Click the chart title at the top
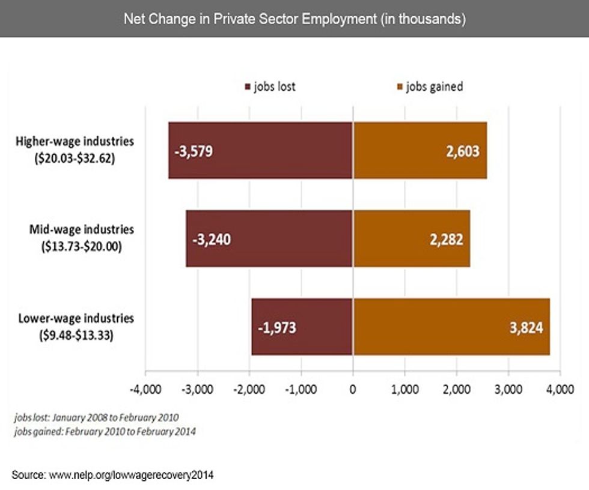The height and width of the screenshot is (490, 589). pyautogui.click(x=294, y=19)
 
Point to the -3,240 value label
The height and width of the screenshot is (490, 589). pyautogui.click(x=212, y=239)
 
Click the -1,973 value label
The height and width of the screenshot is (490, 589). pyautogui.click(x=277, y=328)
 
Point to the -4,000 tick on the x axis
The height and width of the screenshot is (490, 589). pyautogui.click(x=145, y=389)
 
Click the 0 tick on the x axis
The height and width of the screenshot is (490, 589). pyautogui.click(x=353, y=389)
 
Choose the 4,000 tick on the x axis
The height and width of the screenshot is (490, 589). pyautogui.click(x=560, y=389)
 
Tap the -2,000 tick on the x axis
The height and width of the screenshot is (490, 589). pyautogui.click(x=248, y=389)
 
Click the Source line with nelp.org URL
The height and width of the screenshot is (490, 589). pyautogui.click(x=112, y=475)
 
